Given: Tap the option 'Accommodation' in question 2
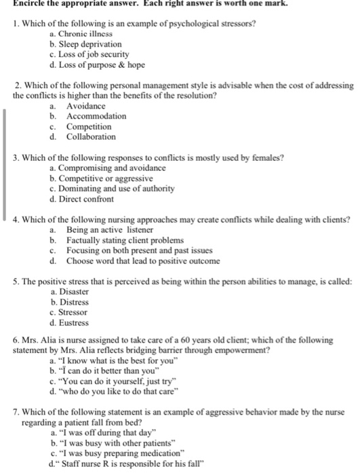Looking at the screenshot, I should click(x=96, y=116).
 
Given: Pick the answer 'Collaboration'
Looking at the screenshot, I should click(x=91, y=136).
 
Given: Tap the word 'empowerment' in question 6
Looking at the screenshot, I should click(x=242, y=350).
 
